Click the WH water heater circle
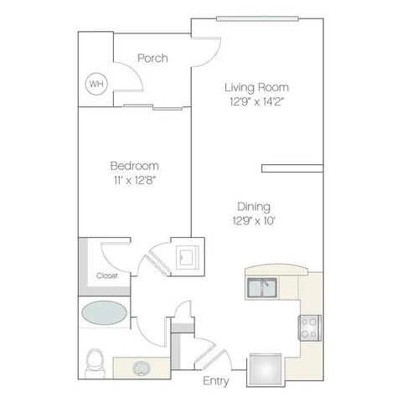point(96,84)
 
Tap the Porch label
point(152,58)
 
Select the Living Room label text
point(257,87)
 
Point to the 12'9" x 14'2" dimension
point(257,101)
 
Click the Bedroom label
point(135,166)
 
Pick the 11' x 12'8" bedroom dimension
point(135,180)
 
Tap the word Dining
point(254,207)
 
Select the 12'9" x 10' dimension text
point(254,221)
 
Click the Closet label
point(107,276)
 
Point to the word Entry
point(216,381)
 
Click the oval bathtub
point(104,312)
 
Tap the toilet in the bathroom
point(95,363)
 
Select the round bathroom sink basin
point(142,368)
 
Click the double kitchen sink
point(262,288)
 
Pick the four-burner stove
point(310,327)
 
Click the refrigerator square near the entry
point(265,369)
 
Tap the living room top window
point(257,18)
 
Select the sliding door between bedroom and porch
point(153,107)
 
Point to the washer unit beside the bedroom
point(188,257)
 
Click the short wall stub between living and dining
point(292,168)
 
